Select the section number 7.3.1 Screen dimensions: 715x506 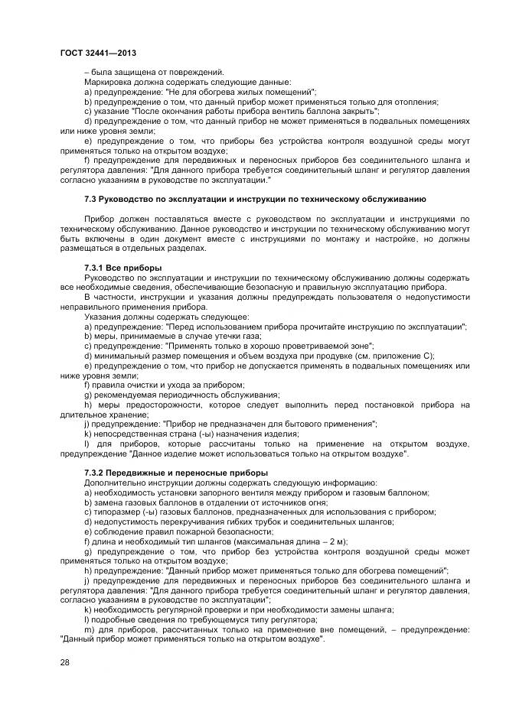97,268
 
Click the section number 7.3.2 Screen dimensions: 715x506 97,473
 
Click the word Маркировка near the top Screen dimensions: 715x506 110,82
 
